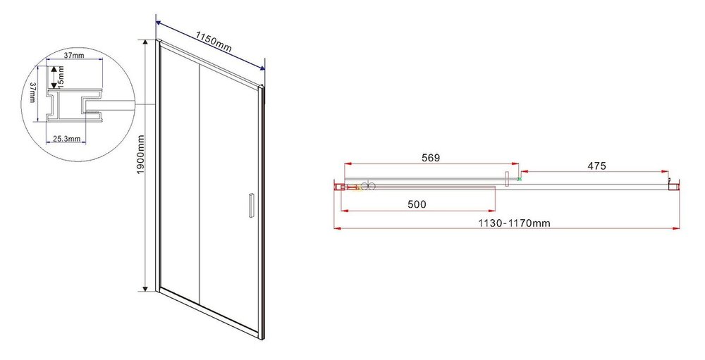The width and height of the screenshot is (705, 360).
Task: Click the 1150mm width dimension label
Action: (x=214, y=42)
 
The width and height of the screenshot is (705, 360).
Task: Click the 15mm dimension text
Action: (x=61, y=77)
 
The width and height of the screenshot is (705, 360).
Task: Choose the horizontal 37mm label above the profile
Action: (x=74, y=55)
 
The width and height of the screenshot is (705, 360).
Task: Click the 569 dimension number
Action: (x=430, y=158)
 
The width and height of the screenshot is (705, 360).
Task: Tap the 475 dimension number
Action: (x=596, y=166)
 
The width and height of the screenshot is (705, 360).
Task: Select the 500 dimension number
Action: (x=417, y=204)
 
